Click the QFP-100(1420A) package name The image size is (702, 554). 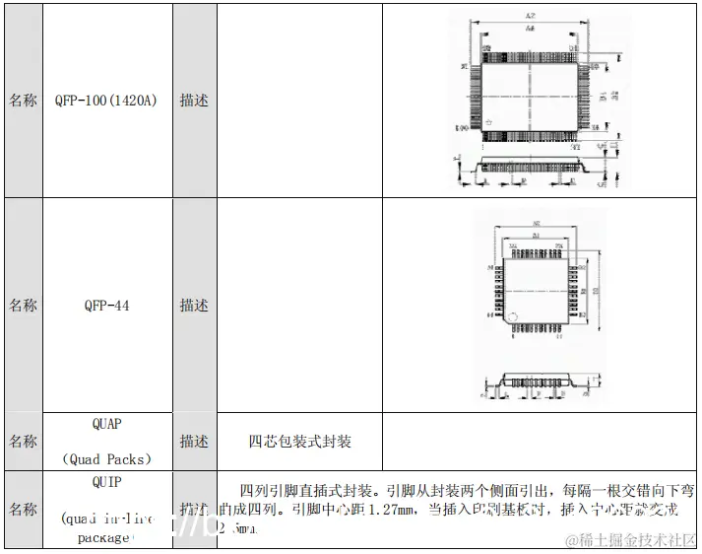(x=106, y=101)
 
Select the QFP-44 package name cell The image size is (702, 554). (x=106, y=306)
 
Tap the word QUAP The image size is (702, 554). (x=106, y=424)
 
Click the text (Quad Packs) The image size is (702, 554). (x=106, y=459)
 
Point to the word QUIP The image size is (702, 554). (x=106, y=483)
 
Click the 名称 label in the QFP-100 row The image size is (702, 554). (x=23, y=101)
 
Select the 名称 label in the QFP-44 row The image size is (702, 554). (x=23, y=306)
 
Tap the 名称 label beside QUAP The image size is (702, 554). (x=23, y=442)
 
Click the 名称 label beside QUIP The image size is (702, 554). (x=23, y=510)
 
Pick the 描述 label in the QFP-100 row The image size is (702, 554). (x=194, y=101)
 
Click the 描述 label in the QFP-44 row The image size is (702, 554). (x=194, y=306)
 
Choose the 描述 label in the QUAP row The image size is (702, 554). (x=194, y=442)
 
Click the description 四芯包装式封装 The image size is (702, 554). (x=299, y=442)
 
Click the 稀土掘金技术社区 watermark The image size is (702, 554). (x=635, y=539)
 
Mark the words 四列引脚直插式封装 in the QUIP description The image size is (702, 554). (x=308, y=490)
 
